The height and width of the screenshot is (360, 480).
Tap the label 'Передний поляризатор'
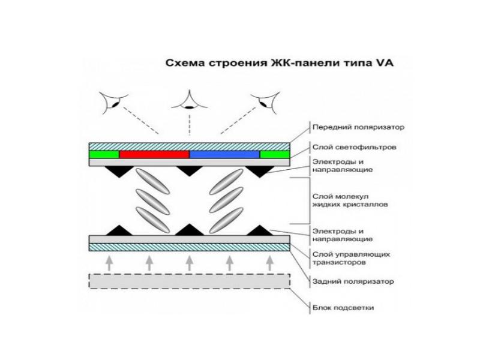pos(350,127)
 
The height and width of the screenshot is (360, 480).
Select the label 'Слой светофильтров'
pos(345,146)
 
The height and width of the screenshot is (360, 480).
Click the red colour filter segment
pos(154,154)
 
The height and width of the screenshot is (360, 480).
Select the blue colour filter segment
pos(224,154)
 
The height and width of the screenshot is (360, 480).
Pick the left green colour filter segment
pos(104,154)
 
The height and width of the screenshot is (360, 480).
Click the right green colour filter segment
pos(275,154)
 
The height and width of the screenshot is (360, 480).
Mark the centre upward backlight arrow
pos(190,262)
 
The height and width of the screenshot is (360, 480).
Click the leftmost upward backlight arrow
pos(109,262)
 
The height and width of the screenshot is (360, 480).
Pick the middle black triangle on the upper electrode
pos(190,171)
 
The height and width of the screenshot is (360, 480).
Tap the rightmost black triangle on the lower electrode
pos(260,230)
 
